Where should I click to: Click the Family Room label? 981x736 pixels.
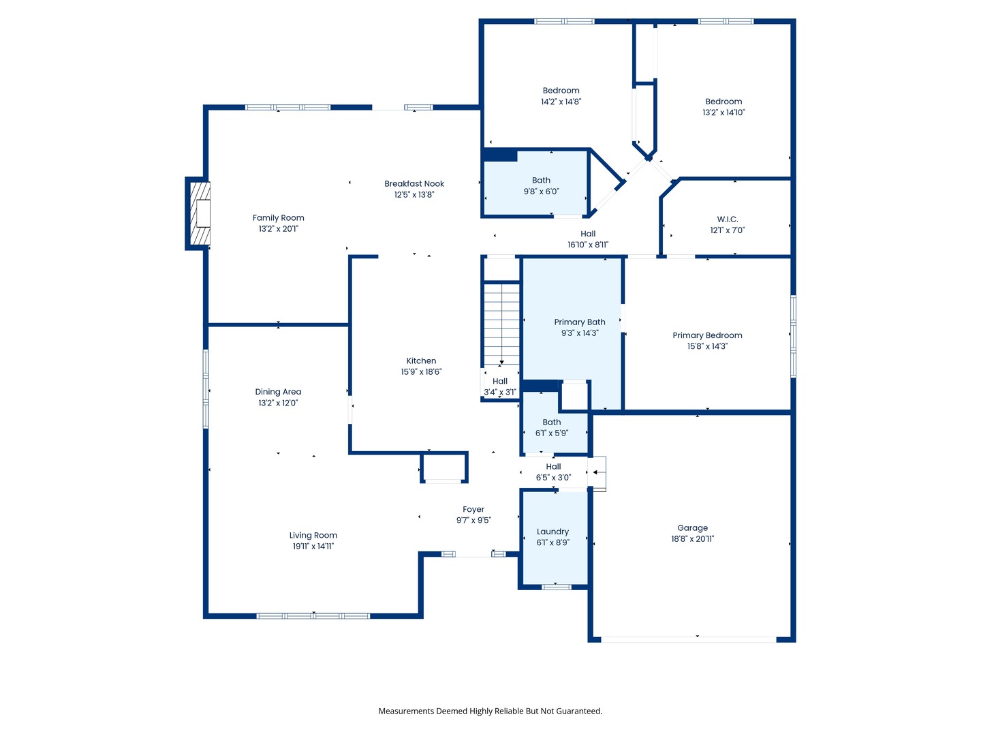[x=278, y=218]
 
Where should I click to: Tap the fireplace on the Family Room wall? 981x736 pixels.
[x=200, y=213]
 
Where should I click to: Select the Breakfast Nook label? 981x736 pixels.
[x=414, y=184]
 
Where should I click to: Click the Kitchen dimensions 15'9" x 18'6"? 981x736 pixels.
[x=421, y=372]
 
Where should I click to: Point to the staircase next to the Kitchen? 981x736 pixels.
[x=501, y=324]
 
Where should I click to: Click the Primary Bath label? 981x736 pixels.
[x=579, y=322]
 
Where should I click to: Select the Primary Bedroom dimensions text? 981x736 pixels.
[x=707, y=346]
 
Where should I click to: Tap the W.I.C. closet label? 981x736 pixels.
[x=727, y=219]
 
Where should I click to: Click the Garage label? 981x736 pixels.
[x=692, y=528]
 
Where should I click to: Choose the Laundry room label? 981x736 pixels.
[x=552, y=532]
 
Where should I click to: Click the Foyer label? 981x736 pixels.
[x=473, y=510]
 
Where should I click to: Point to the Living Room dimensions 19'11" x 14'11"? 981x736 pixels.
[x=313, y=547]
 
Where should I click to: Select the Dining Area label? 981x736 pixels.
[x=278, y=392]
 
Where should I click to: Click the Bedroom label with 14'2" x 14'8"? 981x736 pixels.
[x=561, y=91]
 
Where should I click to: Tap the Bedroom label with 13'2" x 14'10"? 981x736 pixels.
[x=723, y=102]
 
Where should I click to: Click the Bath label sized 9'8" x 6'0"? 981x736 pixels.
[x=541, y=181]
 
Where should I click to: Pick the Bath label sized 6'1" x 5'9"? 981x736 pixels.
[x=551, y=423]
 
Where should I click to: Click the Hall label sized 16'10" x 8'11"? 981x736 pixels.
[x=588, y=234]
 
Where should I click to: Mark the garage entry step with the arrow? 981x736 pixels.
[x=598, y=472]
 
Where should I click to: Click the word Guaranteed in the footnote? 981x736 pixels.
[x=578, y=711]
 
